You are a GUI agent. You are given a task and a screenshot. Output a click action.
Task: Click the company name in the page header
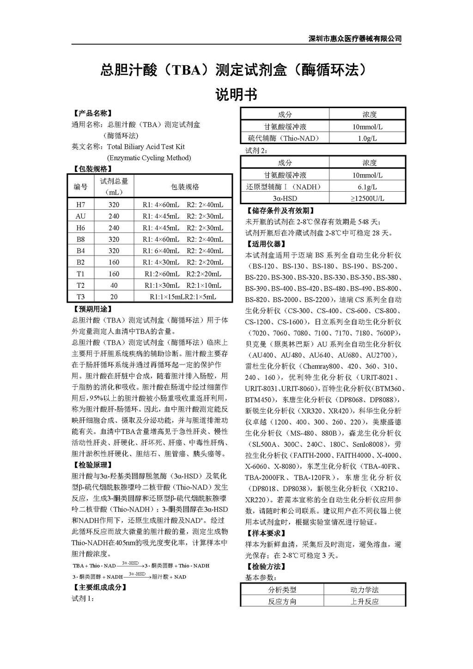[355, 39]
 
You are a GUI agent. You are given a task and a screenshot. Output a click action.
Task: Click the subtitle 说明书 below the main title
[236, 95]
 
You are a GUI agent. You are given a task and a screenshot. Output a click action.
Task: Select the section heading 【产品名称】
[92, 113]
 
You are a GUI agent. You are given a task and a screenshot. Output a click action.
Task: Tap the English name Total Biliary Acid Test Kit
[146, 146]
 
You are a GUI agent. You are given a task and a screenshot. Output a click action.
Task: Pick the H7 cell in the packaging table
[81, 205]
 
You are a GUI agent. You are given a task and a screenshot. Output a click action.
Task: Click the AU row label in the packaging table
[81, 216]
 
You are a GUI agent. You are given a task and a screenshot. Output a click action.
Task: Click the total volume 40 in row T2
[114, 285]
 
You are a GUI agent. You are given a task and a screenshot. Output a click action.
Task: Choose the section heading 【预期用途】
[92, 309]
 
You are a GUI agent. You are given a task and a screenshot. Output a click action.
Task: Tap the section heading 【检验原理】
[92, 465]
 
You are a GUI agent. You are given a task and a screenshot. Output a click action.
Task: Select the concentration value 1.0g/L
[367, 138]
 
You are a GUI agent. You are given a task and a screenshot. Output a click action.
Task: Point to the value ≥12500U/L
[367, 198]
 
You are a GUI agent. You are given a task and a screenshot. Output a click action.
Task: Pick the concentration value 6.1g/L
[367, 187]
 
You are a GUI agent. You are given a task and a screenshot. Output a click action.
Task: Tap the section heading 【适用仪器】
[266, 244]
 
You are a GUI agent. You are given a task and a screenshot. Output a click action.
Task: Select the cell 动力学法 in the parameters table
[364, 590]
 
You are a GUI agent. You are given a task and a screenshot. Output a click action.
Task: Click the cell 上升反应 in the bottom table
[364, 601]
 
